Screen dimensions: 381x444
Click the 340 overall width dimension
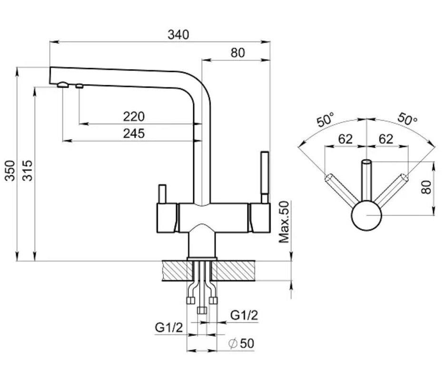178,35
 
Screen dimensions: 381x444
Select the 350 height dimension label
9,170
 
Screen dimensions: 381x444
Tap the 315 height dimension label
28,170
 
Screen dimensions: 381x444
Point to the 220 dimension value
134,116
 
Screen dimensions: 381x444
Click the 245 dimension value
134,133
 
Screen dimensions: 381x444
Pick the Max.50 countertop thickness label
284,222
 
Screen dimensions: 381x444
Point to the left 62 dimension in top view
345,139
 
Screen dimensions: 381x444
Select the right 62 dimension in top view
386,139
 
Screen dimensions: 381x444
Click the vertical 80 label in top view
426,186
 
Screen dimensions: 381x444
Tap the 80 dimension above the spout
237,52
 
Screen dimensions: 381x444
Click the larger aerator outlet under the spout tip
62,85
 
